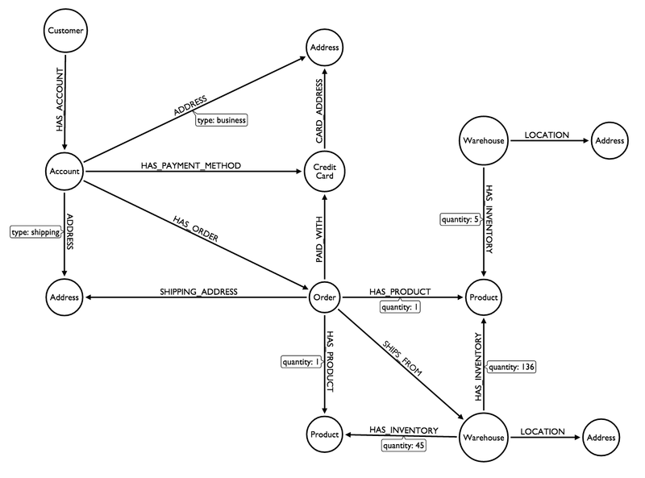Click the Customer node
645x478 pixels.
click(x=64, y=31)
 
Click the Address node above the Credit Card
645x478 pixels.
click(x=324, y=48)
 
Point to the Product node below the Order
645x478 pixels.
click(x=324, y=436)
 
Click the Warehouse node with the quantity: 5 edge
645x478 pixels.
click(x=484, y=141)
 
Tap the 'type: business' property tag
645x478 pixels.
click(x=220, y=120)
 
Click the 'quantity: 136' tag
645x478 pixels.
click(x=513, y=368)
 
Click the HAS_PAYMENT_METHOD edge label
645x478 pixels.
click(x=190, y=165)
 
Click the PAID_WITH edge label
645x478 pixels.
click(x=318, y=235)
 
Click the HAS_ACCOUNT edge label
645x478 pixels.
click(x=57, y=101)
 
